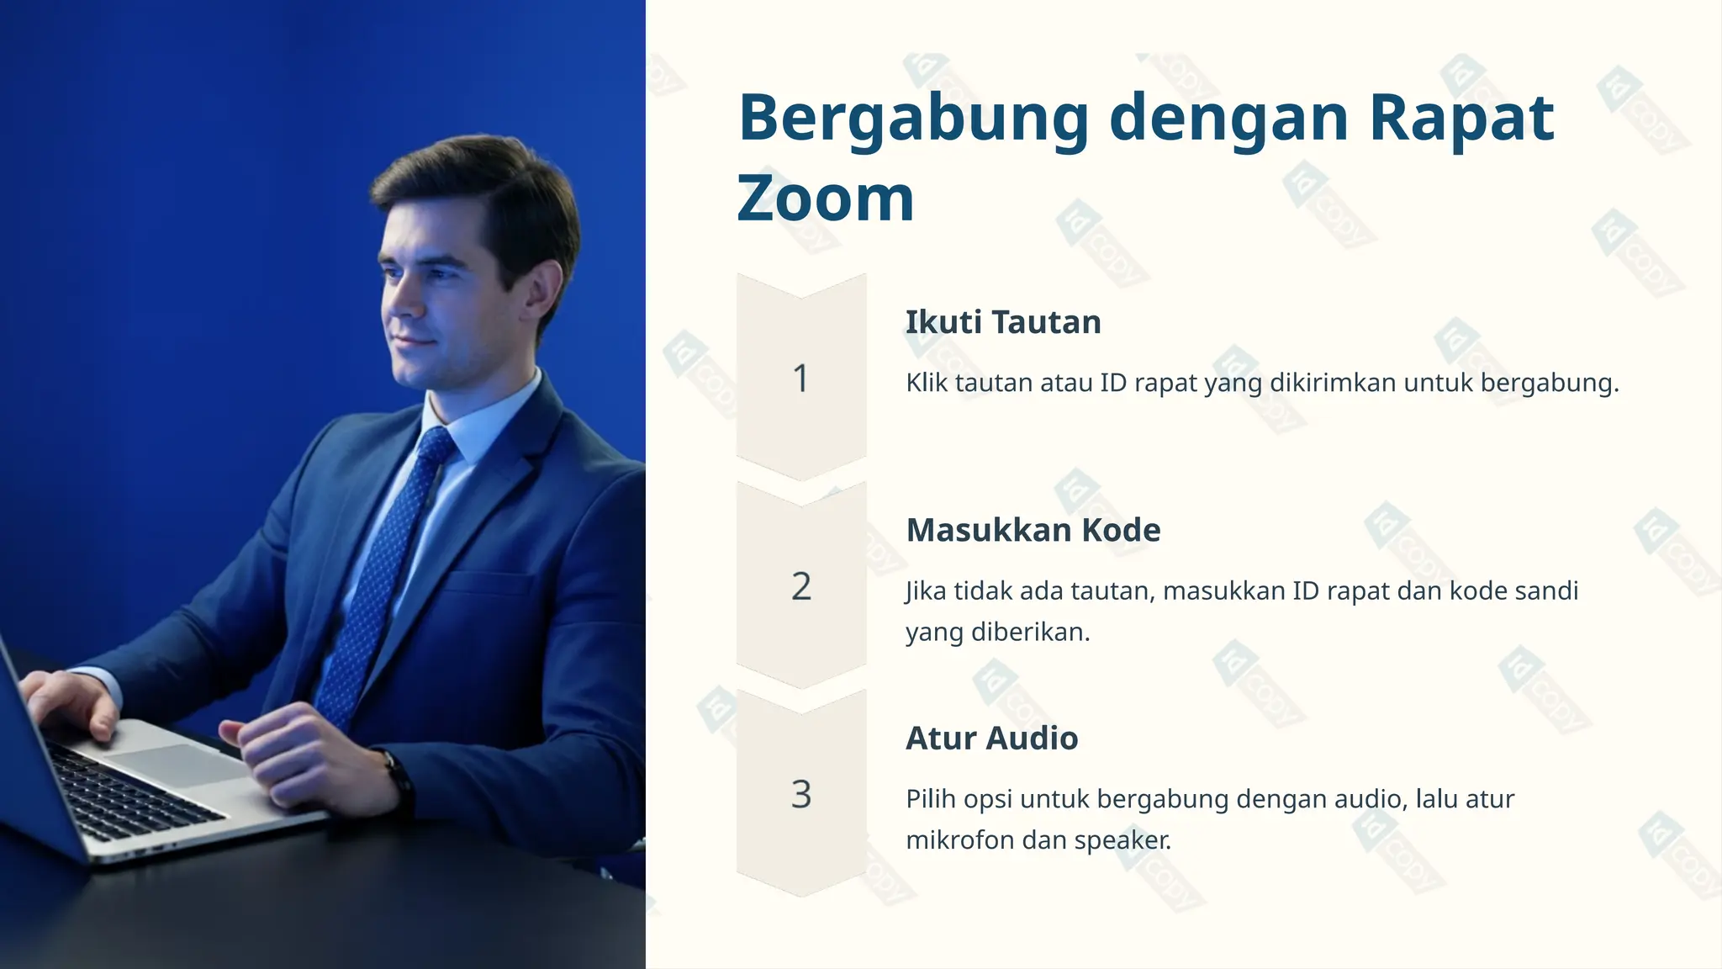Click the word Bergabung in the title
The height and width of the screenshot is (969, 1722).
point(913,119)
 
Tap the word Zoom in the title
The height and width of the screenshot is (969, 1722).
point(825,199)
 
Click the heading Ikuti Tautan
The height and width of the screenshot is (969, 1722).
point(1002,322)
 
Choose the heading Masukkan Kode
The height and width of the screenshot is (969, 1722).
point(1033,530)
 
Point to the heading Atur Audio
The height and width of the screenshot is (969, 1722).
point(991,738)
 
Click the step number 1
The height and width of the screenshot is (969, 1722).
point(800,379)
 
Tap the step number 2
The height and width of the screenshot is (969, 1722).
point(800,586)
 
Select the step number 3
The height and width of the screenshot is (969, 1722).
point(800,794)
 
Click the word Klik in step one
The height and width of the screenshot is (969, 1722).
point(927,383)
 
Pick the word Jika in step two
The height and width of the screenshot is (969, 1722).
point(927,591)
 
